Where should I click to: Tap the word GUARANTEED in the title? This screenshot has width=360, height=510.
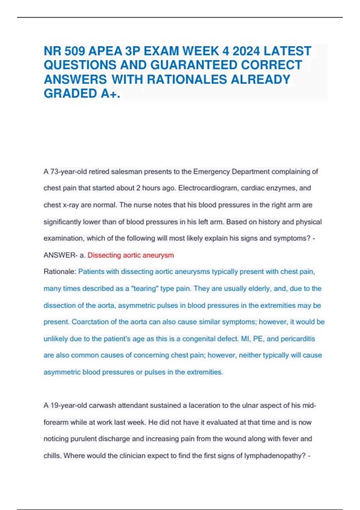(x=195, y=65)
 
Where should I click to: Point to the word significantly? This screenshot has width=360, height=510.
(x=62, y=222)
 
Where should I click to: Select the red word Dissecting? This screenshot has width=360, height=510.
(x=104, y=255)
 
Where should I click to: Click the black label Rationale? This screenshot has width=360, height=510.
(x=60, y=272)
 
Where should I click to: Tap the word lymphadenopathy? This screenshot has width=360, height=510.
(x=274, y=456)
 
